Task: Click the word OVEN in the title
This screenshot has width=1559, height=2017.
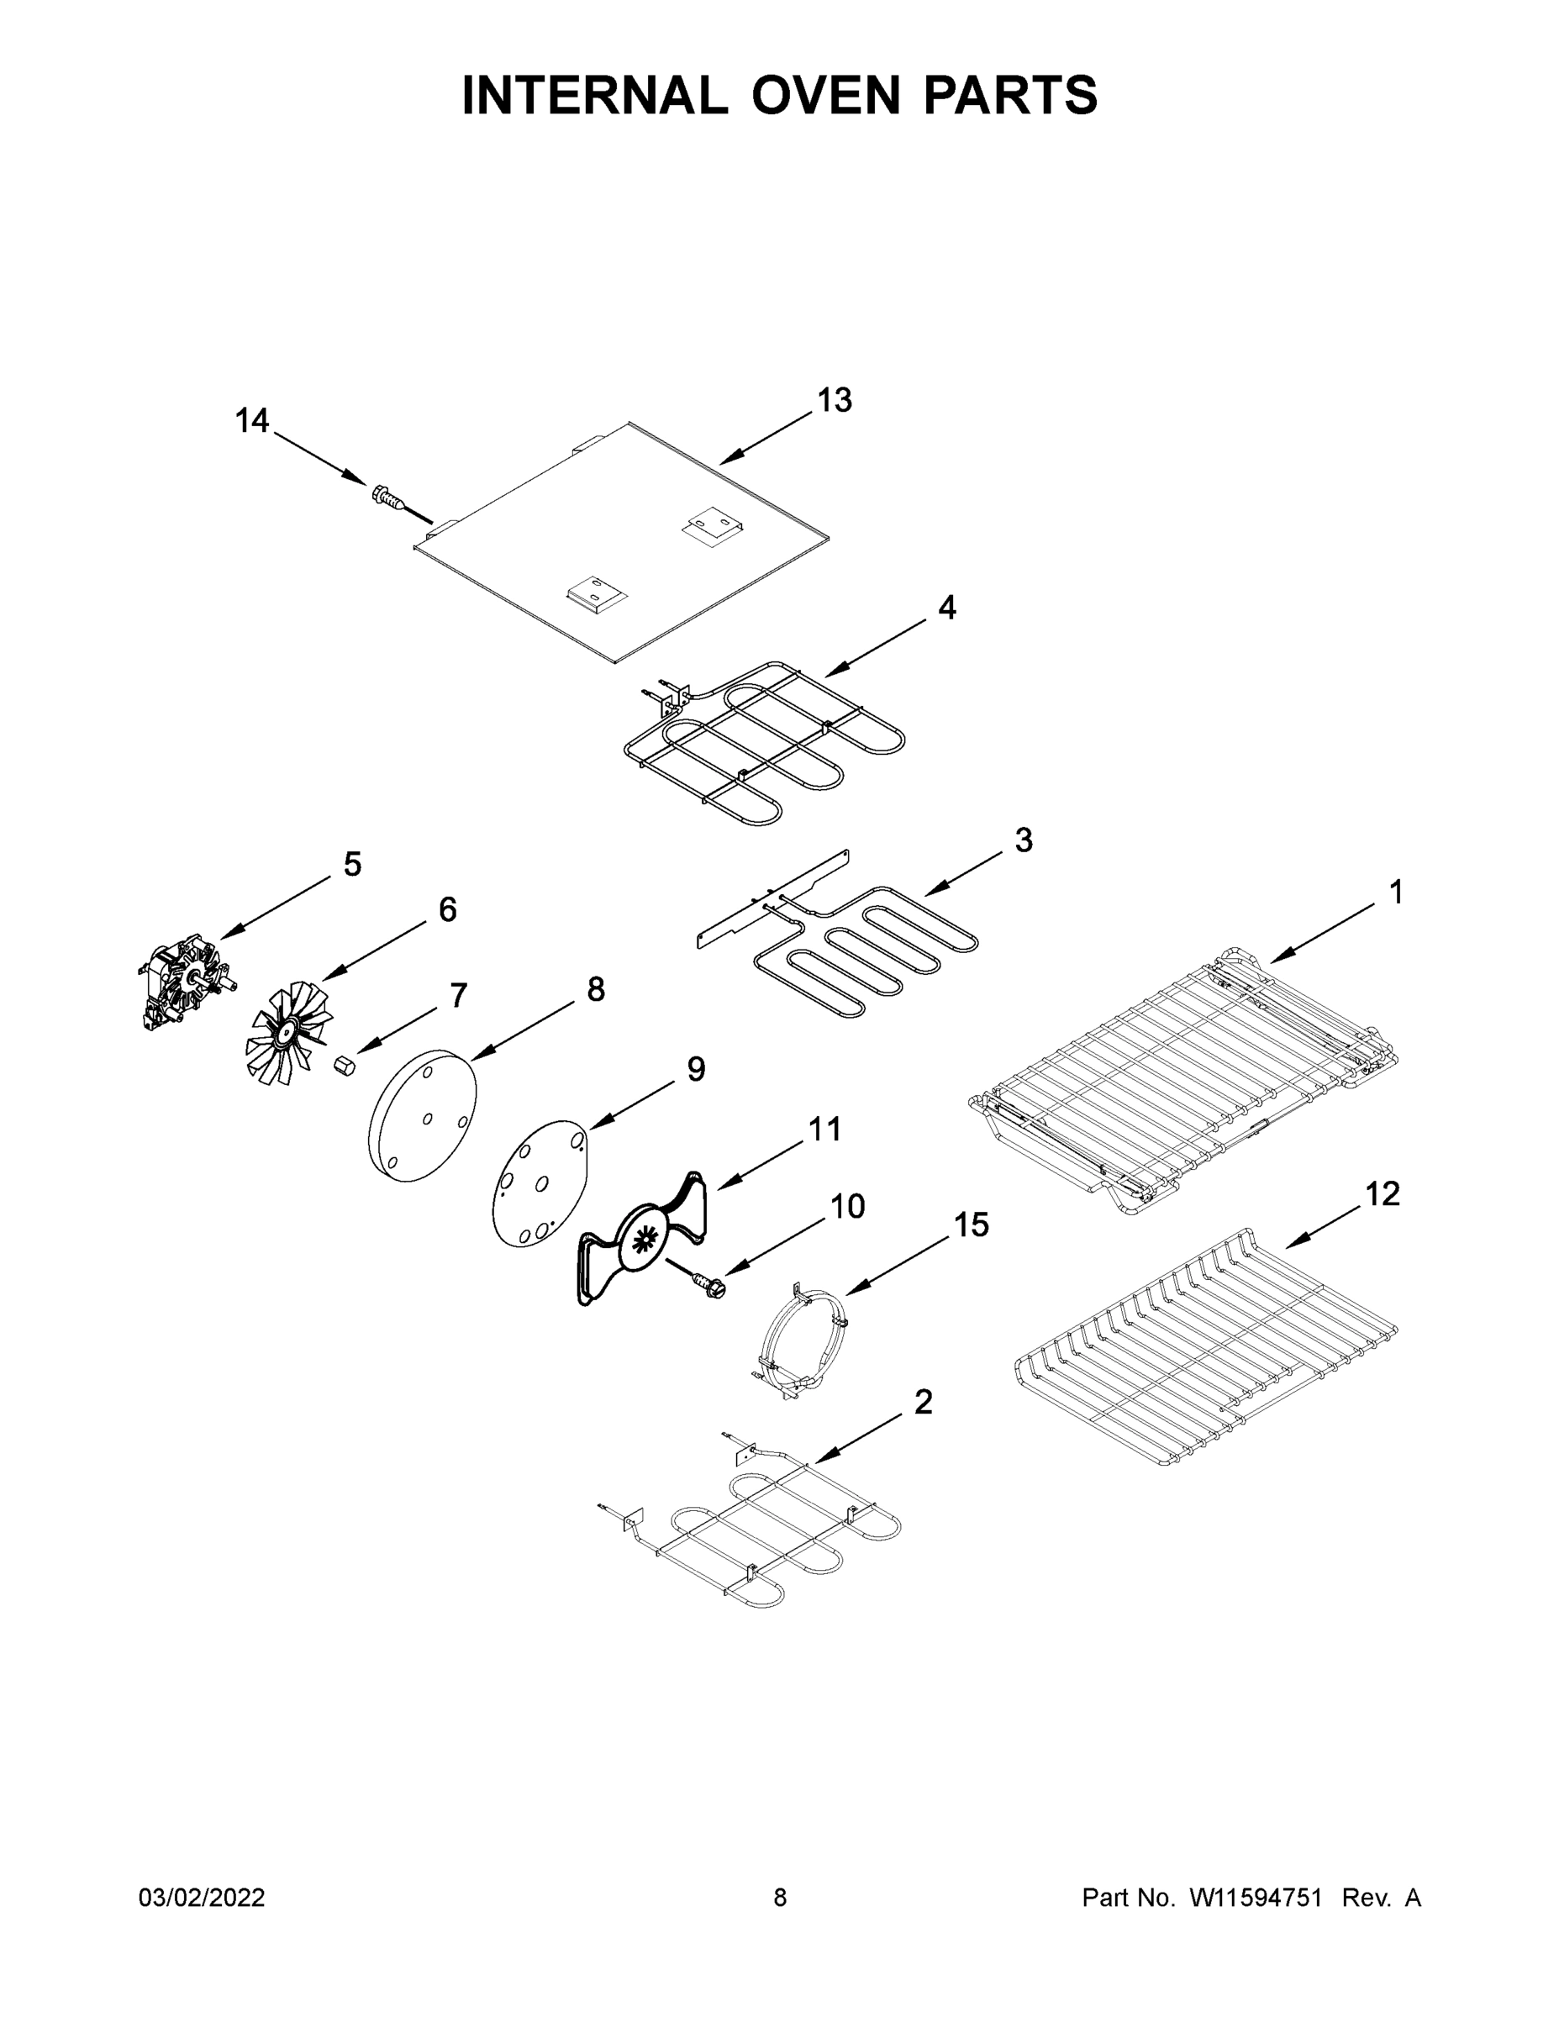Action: [824, 95]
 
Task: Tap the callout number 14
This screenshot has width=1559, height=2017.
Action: [251, 421]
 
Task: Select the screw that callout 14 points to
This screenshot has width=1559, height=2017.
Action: [392, 498]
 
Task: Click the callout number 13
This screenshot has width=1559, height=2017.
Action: [834, 401]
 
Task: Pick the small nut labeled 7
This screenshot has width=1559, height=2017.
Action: [345, 1063]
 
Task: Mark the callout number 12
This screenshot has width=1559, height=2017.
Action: [1383, 1194]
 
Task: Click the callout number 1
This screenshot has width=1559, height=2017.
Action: [1395, 893]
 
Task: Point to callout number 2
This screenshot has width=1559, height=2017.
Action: [923, 1402]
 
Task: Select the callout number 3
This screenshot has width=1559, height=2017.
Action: [1024, 840]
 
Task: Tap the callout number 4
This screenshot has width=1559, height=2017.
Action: [946, 608]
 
